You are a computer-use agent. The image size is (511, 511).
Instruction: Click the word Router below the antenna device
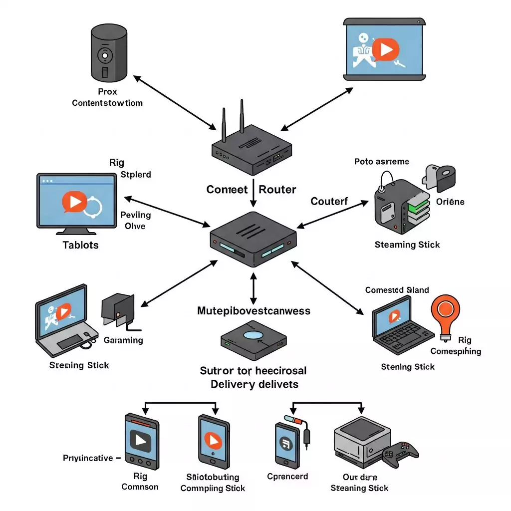click(277, 190)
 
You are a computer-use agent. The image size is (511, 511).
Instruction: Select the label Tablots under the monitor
click(80, 245)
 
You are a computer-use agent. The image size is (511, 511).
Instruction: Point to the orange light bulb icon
click(445, 313)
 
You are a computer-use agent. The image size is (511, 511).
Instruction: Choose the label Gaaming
click(123, 340)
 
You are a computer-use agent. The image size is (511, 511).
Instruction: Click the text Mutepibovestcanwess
click(254, 311)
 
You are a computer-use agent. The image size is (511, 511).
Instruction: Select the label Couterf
click(329, 201)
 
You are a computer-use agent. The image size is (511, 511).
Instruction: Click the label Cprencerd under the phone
click(288, 476)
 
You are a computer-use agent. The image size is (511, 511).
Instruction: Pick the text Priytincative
click(88, 458)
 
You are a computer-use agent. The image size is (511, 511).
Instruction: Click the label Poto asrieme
click(382, 162)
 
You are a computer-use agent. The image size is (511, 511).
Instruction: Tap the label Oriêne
click(450, 202)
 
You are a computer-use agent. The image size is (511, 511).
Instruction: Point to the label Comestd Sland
click(397, 290)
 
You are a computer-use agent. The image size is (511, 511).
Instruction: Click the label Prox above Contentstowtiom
click(107, 91)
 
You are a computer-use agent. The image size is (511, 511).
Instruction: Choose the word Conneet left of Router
click(227, 190)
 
